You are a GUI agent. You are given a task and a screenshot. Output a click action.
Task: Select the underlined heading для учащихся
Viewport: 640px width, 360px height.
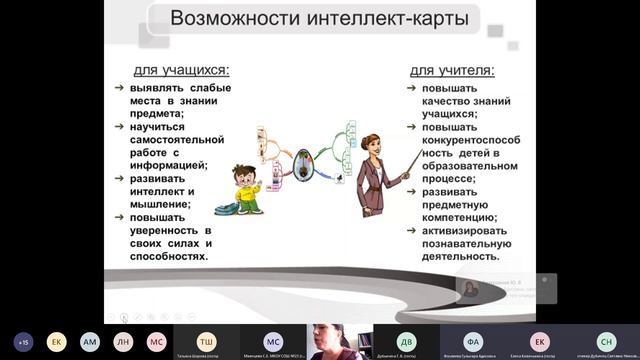click(x=180, y=70)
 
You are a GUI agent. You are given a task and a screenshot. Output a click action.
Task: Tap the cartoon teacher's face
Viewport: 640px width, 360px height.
click(x=371, y=146)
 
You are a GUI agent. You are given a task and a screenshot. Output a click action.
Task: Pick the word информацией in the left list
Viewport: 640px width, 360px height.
click(x=161, y=165)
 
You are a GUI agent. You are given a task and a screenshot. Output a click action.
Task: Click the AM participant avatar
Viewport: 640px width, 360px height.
click(x=90, y=340)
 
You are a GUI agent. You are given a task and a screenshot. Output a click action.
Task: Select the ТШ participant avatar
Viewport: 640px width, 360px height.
click(x=206, y=340)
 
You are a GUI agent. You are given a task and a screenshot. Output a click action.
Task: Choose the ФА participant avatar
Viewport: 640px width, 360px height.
click(x=474, y=340)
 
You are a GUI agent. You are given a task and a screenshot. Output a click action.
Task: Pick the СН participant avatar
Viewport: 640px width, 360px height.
click(x=606, y=340)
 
